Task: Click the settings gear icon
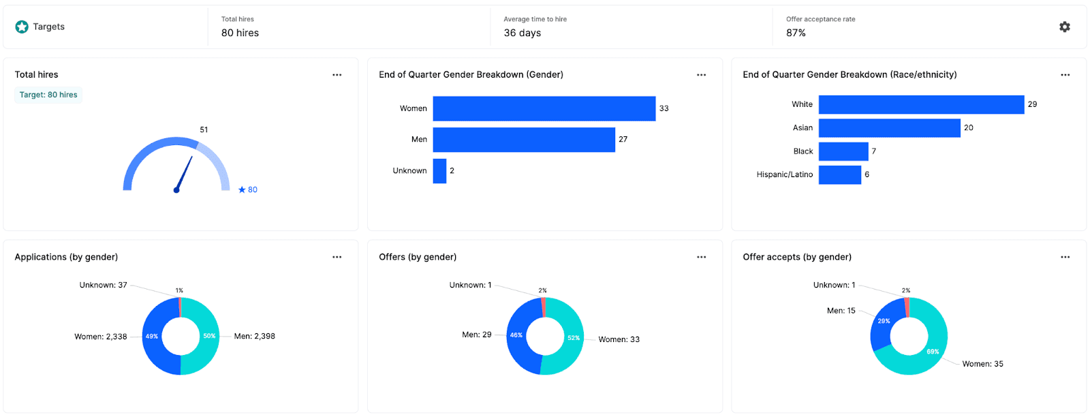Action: point(1065,27)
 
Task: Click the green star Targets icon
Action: point(22,27)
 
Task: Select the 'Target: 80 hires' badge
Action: point(48,95)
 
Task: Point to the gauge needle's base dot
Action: point(176,190)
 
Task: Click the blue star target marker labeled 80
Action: point(242,190)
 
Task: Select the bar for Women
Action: point(544,108)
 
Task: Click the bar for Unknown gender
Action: point(439,171)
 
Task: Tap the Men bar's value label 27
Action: point(623,139)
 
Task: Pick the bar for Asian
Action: point(889,128)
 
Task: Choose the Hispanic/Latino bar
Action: point(839,175)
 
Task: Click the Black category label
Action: point(803,151)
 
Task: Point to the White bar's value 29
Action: point(1032,104)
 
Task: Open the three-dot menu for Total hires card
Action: point(337,75)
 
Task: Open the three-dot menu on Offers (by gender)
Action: point(701,257)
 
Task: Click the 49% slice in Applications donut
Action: point(152,336)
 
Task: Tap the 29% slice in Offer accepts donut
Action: point(884,321)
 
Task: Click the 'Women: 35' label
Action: point(982,364)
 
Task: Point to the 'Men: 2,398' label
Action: point(254,336)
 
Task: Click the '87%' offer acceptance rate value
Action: point(796,33)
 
